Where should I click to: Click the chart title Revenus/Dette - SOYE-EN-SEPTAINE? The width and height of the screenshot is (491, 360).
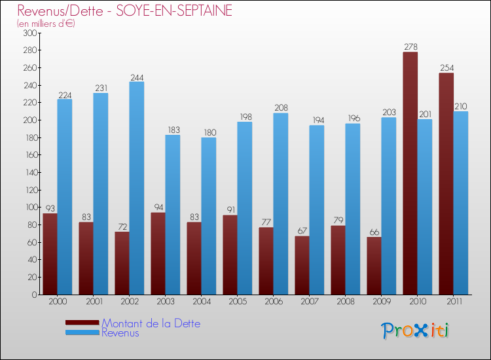(x=125, y=11)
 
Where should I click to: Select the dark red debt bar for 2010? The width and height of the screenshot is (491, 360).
(x=410, y=173)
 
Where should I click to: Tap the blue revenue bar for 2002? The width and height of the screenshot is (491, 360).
(x=137, y=188)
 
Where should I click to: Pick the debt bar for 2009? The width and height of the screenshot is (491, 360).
(x=374, y=266)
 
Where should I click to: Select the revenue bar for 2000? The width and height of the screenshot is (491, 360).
(x=65, y=196)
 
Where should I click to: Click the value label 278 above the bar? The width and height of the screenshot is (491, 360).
(x=410, y=47)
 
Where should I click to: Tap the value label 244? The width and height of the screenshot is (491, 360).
(x=137, y=77)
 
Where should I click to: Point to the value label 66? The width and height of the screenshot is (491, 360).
(x=374, y=232)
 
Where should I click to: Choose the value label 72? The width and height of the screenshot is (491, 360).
(x=122, y=227)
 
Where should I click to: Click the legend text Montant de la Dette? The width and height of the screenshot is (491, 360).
(x=151, y=323)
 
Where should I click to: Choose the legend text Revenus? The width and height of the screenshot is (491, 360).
(x=120, y=333)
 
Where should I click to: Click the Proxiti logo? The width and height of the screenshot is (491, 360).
(x=416, y=331)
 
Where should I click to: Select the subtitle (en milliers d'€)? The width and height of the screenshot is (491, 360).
(x=46, y=24)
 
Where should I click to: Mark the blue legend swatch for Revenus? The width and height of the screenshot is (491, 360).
(x=82, y=333)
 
